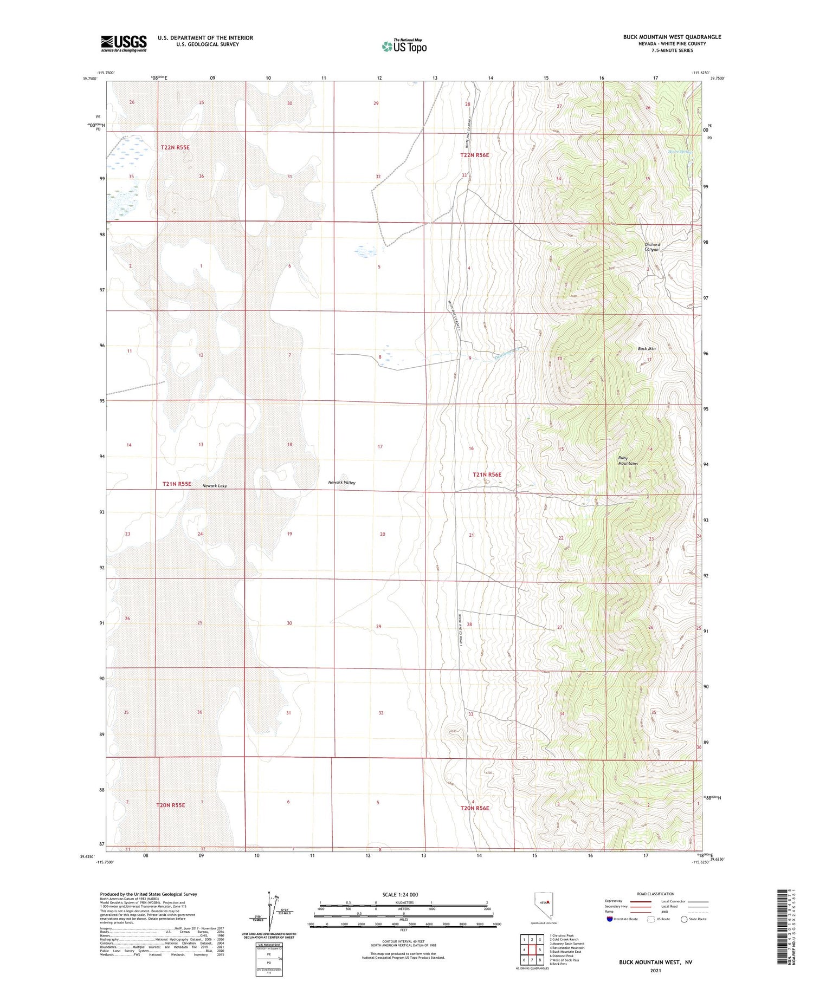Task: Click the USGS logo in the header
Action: click(124, 43)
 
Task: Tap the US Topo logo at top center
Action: click(404, 46)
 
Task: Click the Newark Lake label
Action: click(215, 486)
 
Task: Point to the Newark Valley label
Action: click(341, 482)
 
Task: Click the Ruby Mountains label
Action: click(628, 461)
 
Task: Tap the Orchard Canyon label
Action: click(652, 247)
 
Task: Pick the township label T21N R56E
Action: click(487, 474)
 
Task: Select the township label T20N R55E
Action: click(171, 805)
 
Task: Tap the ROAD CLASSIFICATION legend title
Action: click(656, 894)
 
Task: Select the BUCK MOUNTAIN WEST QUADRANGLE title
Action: click(672, 37)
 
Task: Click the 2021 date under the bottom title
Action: click(655, 970)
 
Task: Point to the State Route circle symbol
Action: click(684, 919)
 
